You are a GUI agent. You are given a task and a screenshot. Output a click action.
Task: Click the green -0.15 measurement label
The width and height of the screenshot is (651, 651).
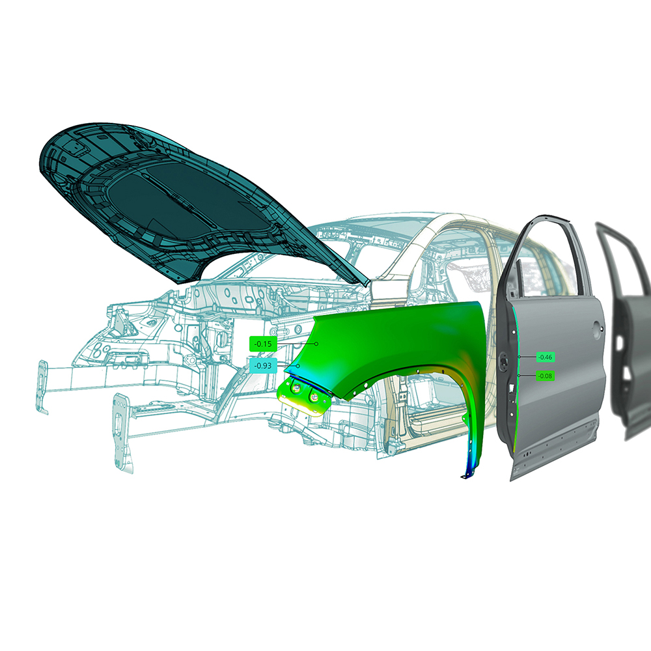pos(263,344)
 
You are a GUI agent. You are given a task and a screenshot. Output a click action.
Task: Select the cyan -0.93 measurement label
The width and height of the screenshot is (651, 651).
pos(263,366)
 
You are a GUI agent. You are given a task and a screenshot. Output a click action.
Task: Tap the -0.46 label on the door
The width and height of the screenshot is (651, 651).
pos(545,357)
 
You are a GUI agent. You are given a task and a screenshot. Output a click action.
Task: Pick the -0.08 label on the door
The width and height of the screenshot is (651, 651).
pos(545,376)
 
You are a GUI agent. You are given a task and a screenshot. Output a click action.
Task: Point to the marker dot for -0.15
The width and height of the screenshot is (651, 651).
pos(316,344)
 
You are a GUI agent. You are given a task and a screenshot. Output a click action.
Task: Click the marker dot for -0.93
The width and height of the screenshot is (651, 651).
pos(298,366)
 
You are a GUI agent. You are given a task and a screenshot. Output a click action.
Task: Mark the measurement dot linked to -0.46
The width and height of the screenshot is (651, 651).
pos(519,357)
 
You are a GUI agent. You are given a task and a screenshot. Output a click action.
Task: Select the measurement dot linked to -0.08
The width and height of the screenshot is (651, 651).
pos(519,376)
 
